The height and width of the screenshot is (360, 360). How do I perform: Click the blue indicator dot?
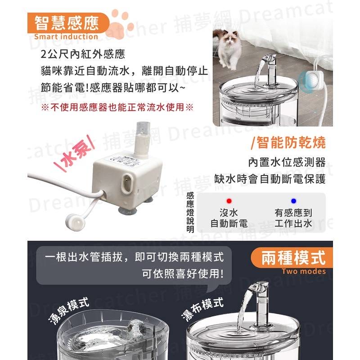coord(293,201)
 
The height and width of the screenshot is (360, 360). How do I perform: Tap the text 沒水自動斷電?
coord(229,217)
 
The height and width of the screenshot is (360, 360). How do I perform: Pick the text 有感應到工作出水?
coord(293,217)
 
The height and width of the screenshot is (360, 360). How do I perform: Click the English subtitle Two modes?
coord(304,271)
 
